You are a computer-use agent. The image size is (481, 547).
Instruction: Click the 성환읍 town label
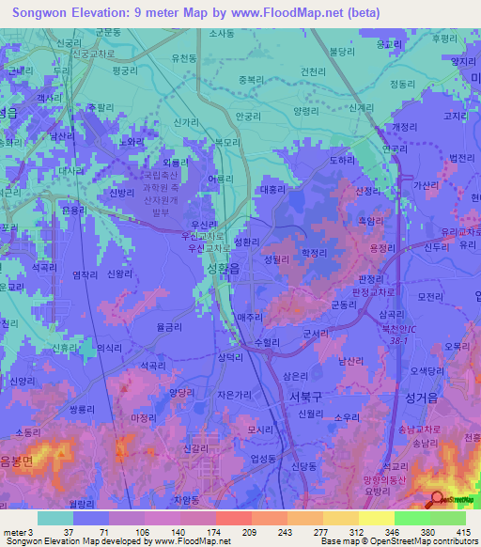222,269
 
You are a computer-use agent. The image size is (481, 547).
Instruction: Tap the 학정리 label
313,253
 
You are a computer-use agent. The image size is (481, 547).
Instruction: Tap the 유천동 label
183,58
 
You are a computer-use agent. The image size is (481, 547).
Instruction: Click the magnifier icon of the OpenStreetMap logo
438,501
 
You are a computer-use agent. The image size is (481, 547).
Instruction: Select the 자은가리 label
234,396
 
